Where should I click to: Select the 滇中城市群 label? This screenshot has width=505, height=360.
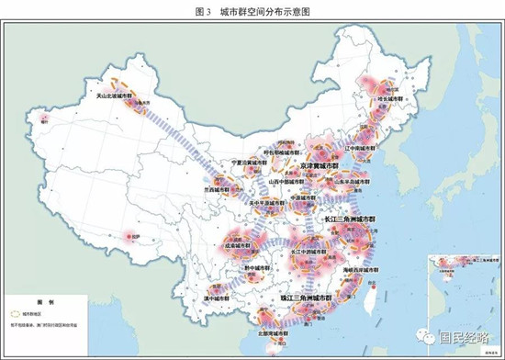click(x=213, y=298)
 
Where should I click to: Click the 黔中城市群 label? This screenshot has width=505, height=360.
click(x=253, y=268)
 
